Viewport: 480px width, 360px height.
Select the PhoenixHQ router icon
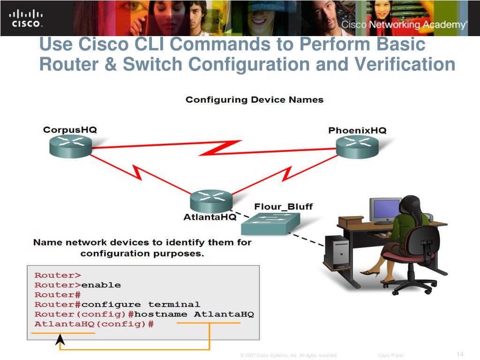(x=357, y=146)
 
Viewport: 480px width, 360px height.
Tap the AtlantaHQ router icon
(x=211, y=201)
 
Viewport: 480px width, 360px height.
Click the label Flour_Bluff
(x=283, y=206)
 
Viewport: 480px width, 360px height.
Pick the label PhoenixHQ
(x=357, y=130)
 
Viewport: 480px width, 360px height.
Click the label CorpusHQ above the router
(x=70, y=129)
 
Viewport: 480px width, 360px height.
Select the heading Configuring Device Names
(x=254, y=99)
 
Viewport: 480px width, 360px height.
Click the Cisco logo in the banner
(x=26, y=18)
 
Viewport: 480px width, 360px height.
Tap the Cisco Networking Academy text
(x=404, y=24)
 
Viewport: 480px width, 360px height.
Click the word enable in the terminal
(x=101, y=285)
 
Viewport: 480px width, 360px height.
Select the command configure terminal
(x=141, y=305)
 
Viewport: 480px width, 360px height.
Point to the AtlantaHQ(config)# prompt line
(x=94, y=324)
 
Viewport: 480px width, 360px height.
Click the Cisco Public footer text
(x=391, y=356)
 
